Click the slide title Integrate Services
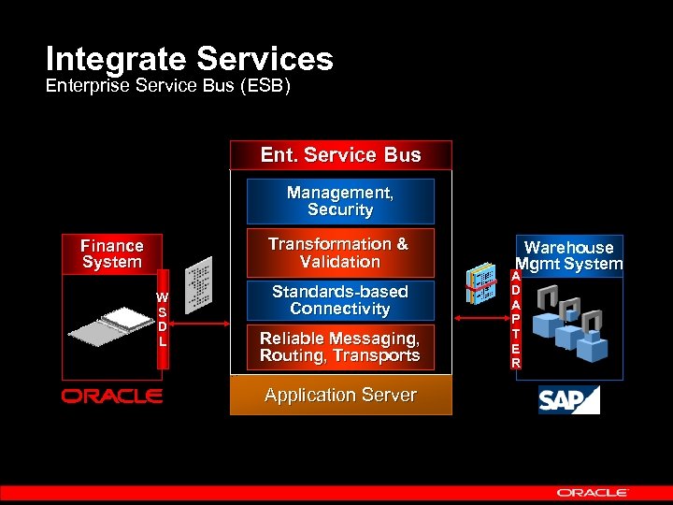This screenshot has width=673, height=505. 189,60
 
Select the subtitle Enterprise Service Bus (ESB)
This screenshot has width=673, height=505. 169,87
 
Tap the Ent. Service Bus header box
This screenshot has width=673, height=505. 340,155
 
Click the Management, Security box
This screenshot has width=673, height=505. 340,201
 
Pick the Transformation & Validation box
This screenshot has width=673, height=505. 339,252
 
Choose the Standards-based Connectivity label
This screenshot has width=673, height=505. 339,300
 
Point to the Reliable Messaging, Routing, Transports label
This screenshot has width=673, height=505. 339,347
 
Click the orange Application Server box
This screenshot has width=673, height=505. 340,395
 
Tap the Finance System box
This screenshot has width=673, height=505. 111,253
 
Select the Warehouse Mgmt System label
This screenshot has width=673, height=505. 568,255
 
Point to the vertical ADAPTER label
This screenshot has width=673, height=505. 515,319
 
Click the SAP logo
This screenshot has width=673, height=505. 567,399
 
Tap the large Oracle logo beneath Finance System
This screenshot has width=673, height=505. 112,397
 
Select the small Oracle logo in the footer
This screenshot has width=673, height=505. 593,491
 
